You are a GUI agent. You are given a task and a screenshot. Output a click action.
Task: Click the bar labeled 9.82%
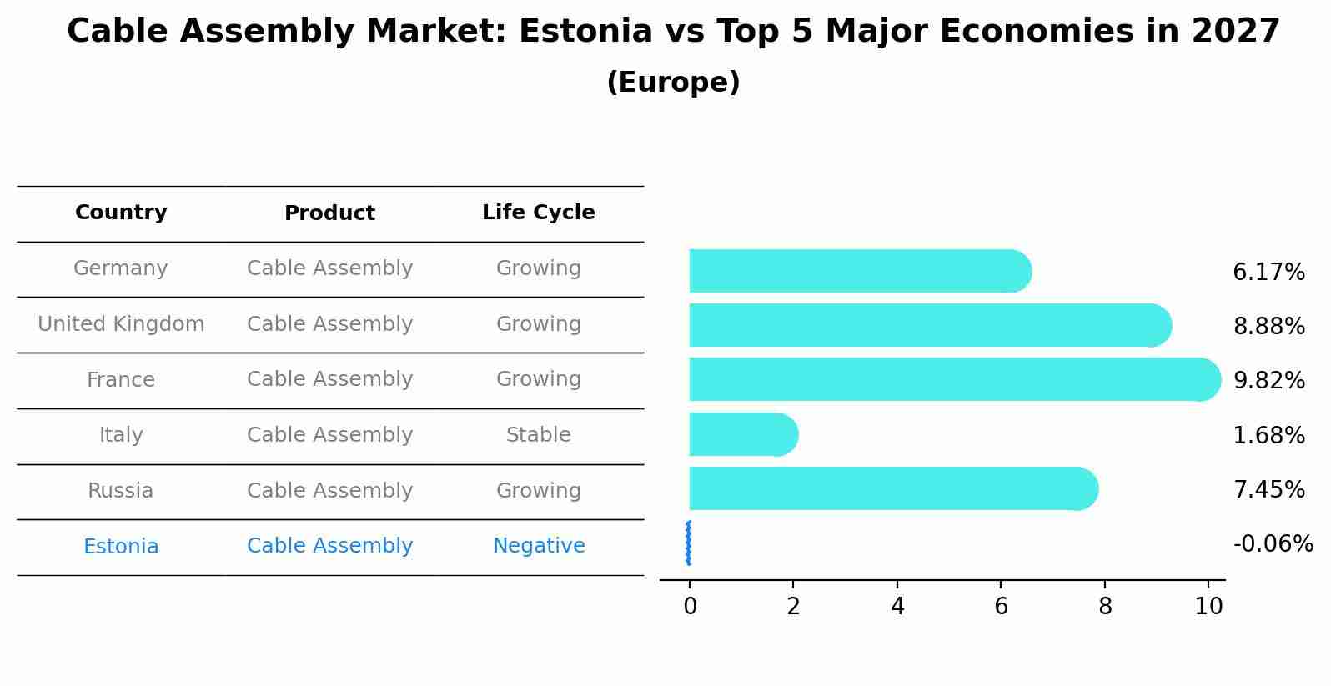point(951,379)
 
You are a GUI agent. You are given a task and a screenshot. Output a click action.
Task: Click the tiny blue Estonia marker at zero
point(688,543)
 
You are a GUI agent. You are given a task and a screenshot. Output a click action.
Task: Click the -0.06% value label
point(1273,544)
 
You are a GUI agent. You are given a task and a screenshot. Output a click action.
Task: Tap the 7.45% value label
point(1268,489)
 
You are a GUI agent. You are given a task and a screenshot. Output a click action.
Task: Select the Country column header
point(121,213)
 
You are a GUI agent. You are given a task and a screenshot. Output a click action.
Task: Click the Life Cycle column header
point(538,213)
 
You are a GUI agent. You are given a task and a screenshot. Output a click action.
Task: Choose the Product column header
point(329,213)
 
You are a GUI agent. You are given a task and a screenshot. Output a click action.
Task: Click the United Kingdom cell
point(121,324)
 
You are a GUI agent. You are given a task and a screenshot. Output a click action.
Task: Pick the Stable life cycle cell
point(538,435)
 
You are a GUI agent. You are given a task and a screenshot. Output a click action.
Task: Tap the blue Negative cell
point(538,546)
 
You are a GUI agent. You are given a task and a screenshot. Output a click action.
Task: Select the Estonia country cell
point(121,547)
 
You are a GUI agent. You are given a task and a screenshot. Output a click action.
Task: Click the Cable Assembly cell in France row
point(329,379)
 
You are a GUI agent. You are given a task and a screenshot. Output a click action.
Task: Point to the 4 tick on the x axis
point(897,607)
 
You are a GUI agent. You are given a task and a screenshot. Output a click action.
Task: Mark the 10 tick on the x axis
point(1208,607)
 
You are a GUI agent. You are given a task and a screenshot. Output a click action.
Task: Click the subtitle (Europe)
point(673,83)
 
